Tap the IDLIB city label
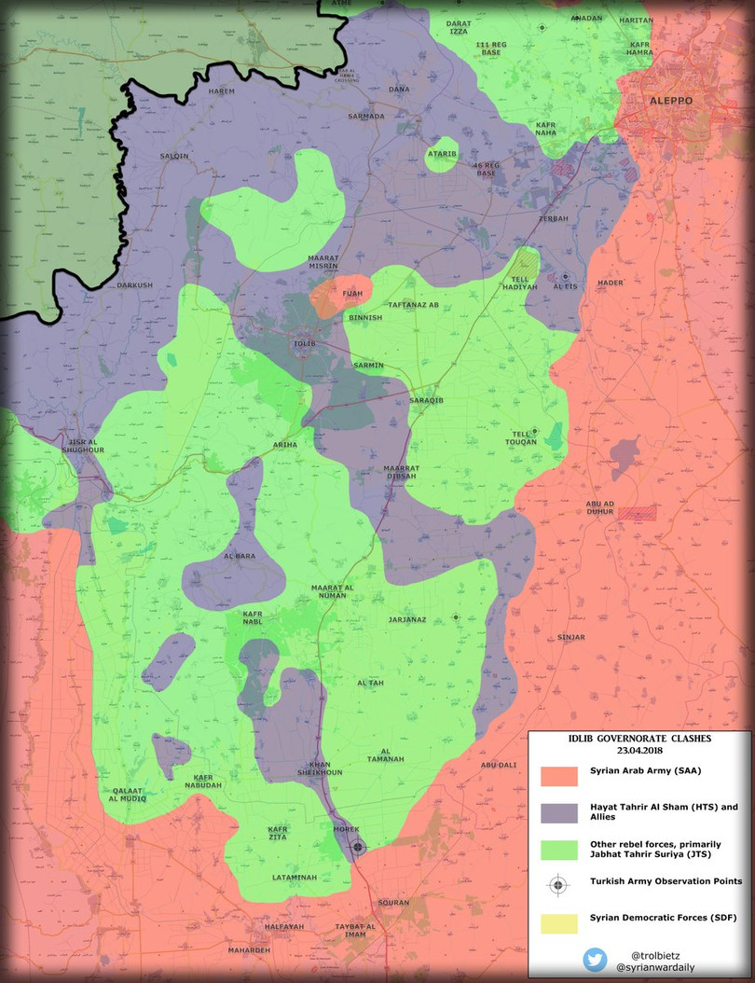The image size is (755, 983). [x=305, y=344]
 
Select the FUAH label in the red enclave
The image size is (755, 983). [x=352, y=294]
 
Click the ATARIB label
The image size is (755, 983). [x=442, y=153]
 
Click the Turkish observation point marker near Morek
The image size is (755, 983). [x=358, y=847]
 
